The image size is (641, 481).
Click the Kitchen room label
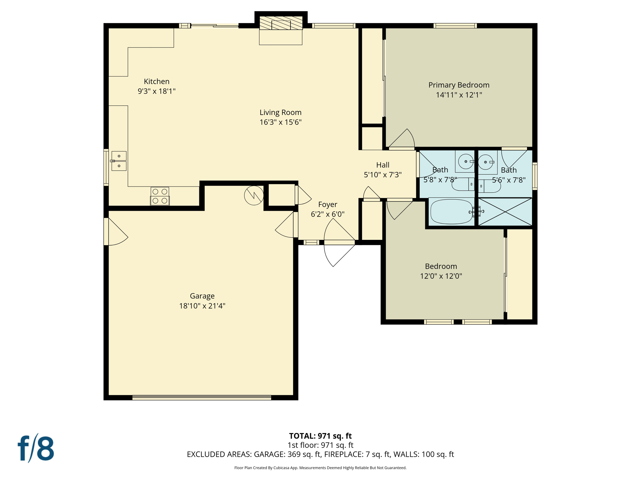pyautogui.click(x=156, y=81)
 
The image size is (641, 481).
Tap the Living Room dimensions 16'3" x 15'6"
pyautogui.click(x=280, y=122)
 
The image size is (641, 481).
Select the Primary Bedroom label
pyautogui.click(x=459, y=85)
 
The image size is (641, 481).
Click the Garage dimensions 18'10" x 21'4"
pyautogui.click(x=202, y=306)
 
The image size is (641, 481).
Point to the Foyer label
pyautogui.click(x=327, y=204)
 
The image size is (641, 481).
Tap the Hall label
pyautogui.click(x=382, y=165)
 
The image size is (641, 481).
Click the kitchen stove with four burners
pyautogui.click(x=160, y=196)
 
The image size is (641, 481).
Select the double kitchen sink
pyautogui.click(x=119, y=161)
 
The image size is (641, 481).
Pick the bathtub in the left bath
pyautogui.click(x=451, y=212)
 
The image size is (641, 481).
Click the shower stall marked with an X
pyautogui.click(x=505, y=212)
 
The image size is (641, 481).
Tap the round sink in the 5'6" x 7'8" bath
pyautogui.click(x=485, y=162)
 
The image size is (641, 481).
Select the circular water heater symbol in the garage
pyautogui.click(x=254, y=196)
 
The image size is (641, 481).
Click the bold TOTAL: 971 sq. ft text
pyautogui.click(x=320, y=436)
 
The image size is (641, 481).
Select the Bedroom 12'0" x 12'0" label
pyautogui.click(x=441, y=271)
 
